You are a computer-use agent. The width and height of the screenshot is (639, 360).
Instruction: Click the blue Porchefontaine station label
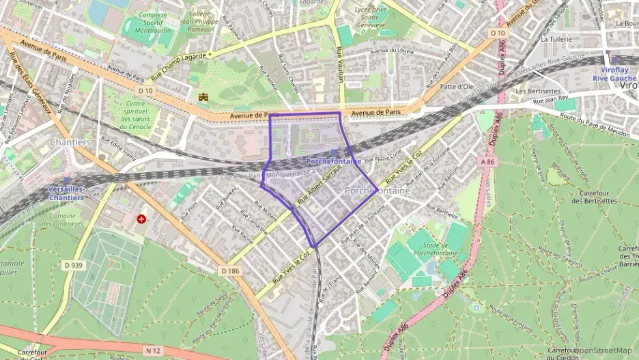(x=333, y=162)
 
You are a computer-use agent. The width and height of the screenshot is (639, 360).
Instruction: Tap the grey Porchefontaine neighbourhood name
(x=378, y=191)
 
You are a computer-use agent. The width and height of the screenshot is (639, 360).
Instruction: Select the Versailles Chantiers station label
(x=66, y=193)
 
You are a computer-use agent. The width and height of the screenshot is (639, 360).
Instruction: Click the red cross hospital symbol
(x=141, y=219)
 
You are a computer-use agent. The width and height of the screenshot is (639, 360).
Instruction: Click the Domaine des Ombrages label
(x=66, y=219)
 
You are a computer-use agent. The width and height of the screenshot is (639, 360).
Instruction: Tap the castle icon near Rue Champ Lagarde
(x=203, y=98)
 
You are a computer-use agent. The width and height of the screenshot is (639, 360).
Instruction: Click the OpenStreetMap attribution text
(x=605, y=350)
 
